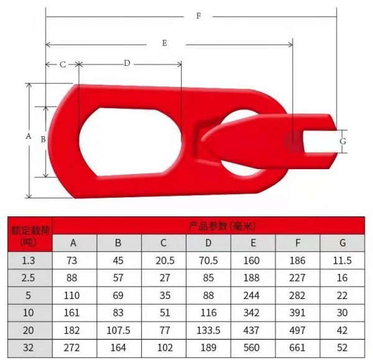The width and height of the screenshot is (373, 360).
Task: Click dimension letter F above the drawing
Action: (199, 16)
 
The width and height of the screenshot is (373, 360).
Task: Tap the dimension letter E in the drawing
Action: (164, 43)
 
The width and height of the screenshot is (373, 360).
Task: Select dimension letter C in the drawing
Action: (63, 65)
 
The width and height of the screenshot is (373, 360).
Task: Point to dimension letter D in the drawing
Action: (127, 63)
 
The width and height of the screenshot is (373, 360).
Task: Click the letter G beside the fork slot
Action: (343, 141)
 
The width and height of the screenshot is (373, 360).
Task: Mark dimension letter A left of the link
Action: (29, 136)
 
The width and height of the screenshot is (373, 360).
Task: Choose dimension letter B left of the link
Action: (43, 139)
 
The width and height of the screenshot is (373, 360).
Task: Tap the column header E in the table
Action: (253, 242)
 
